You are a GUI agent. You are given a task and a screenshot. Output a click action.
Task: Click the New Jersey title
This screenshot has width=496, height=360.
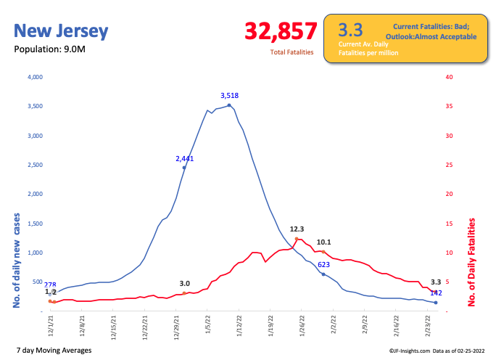pyautogui.click(x=62, y=31)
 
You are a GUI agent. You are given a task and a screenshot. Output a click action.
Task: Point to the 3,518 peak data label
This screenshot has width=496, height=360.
pyautogui.click(x=230, y=95)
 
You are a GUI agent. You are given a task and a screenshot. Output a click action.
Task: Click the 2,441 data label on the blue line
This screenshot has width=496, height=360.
pyautogui.click(x=186, y=158)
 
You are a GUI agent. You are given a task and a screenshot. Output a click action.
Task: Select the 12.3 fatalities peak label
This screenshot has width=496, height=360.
pyautogui.click(x=297, y=229)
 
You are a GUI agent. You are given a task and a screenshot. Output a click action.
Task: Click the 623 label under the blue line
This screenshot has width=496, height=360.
pyautogui.click(x=324, y=264)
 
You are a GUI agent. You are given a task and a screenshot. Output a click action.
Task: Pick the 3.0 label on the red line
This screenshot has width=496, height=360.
pyautogui.click(x=185, y=284)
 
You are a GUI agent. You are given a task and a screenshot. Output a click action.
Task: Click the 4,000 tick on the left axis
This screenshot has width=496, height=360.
pyautogui.click(x=36, y=77)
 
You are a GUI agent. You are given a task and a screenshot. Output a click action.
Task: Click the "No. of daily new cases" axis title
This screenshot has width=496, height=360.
pyautogui.click(x=15, y=258)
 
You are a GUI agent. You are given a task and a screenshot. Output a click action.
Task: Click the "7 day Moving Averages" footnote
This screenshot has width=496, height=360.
pyautogui.click(x=53, y=351)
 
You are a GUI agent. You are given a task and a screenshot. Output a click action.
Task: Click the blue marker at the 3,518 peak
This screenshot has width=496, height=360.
pyautogui.click(x=229, y=105)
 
